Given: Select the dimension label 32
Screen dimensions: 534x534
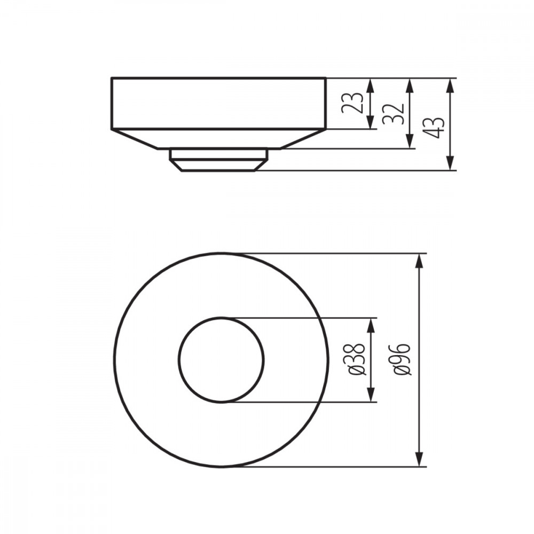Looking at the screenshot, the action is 393,114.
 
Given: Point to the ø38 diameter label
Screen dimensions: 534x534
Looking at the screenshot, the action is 357,359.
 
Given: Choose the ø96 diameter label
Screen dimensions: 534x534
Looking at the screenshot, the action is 401,359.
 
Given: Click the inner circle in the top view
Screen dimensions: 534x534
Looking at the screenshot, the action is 178,359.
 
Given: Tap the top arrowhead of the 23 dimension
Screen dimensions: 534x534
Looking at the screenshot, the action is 371,86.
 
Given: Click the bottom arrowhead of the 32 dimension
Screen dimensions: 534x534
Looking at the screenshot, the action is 410,141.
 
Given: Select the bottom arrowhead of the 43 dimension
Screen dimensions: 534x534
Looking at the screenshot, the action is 450,162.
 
